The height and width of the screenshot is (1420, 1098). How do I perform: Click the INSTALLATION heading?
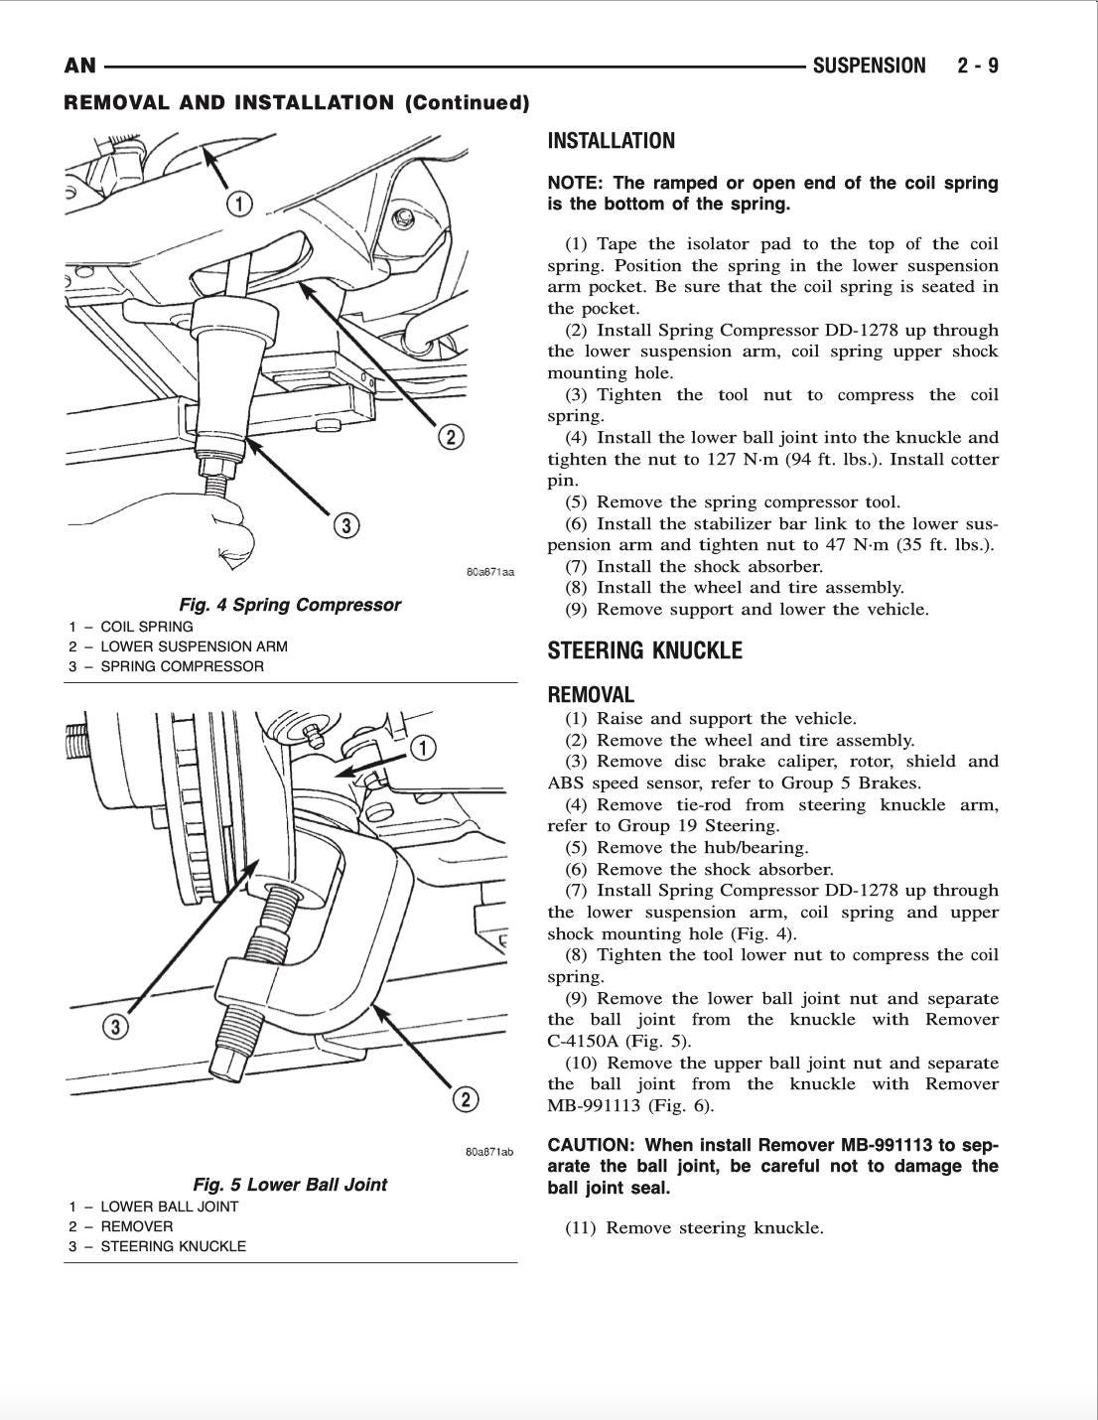[x=611, y=141]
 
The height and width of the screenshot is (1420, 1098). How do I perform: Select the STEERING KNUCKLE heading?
[x=644, y=650]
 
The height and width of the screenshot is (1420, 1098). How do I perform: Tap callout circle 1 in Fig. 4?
[x=239, y=206]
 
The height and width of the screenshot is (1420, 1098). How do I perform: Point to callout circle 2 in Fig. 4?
[x=450, y=437]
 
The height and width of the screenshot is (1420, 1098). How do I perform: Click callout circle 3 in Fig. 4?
[x=344, y=525]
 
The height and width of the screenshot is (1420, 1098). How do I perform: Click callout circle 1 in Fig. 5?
[x=423, y=748]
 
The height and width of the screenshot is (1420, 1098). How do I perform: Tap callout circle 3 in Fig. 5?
[x=116, y=1026]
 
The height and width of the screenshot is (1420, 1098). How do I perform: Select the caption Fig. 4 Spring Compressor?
[x=289, y=605]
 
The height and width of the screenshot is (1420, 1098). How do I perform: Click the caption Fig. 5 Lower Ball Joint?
[x=289, y=1184]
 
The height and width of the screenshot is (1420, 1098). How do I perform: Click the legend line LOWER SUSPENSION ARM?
[x=194, y=646]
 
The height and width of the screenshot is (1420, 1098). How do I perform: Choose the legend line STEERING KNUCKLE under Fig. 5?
[x=173, y=1246]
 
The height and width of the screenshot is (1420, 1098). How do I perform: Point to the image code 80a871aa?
[x=489, y=572]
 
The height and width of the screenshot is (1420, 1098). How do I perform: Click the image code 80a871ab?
[x=489, y=1152]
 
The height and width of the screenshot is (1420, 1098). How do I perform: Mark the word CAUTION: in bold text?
[x=590, y=1145]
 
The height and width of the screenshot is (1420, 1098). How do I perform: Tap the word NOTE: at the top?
[x=576, y=184]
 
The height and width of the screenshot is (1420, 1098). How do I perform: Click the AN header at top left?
[x=79, y=66]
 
